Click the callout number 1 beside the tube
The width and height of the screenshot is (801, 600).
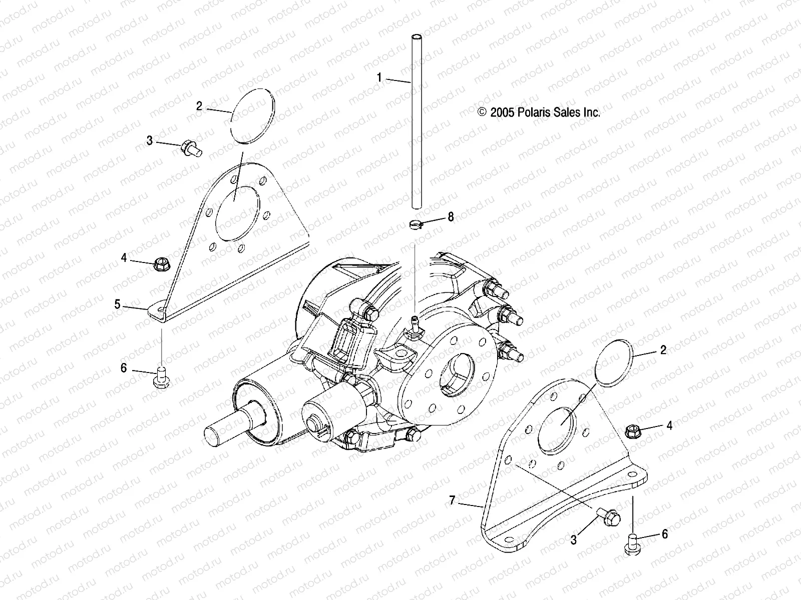379,77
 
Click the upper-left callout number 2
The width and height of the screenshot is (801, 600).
199,106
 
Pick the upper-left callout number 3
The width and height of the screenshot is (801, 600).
149,140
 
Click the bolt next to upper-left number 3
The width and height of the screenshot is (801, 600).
191,148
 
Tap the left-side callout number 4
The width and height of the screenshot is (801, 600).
124,257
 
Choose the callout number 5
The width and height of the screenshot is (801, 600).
117,304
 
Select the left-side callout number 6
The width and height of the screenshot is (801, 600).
124,368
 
